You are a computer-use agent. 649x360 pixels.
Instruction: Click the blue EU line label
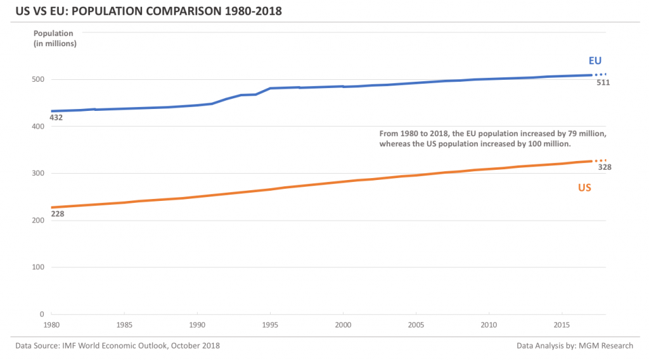(x=594, y=61)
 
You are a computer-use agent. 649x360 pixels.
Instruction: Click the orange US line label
(x=584, y=188)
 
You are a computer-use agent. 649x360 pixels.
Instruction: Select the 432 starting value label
(x=56, y=118)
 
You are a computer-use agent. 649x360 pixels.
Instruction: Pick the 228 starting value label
(x=57, y=214)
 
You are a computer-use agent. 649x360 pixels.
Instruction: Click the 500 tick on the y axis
(x=39, y=79)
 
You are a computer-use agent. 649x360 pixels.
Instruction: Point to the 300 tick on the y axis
(x=39, y=173)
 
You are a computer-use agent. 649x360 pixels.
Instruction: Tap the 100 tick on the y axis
(x=39, y=267)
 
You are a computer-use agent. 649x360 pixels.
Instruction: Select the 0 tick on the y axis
(x=42, y=314)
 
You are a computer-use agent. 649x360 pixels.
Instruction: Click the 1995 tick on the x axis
(x=270, y=325)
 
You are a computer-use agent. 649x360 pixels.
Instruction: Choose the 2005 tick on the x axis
(x=416, y=325)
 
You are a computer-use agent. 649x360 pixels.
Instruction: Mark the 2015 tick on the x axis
(x=561, y=325)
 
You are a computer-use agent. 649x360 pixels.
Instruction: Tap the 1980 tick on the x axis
(x=52, y=325)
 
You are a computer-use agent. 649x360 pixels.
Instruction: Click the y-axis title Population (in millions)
(x=55, y=38)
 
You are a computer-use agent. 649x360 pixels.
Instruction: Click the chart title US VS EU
(x=139, y=11)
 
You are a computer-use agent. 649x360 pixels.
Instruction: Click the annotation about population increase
(x=493, y=139)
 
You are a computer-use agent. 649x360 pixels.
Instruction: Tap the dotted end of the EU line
(x=601, y=74)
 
